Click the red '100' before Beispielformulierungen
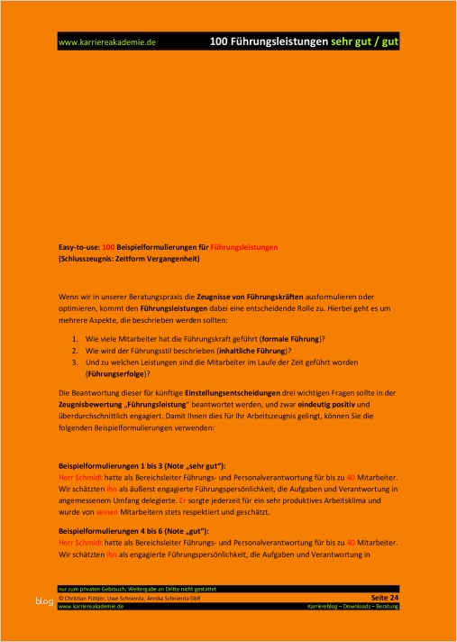(x=108, y=246)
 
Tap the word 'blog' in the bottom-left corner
(x=44, y=601)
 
